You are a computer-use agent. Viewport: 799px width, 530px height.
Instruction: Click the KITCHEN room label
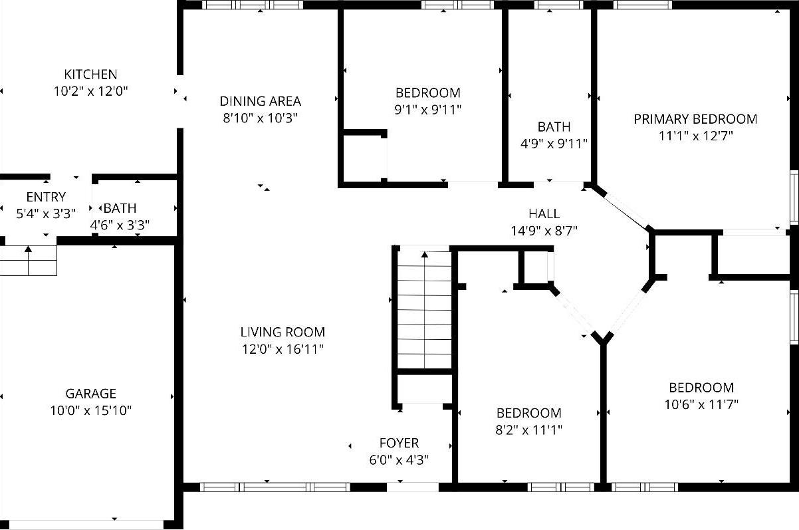coord(90,74)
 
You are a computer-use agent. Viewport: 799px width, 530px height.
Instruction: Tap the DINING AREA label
coord(260,101)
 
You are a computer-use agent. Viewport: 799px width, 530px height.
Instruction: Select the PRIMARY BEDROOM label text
coord(695,119)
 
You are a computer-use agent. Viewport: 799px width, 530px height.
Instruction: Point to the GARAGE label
coord(90,394)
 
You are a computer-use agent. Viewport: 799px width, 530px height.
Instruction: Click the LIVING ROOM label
coord(283,332)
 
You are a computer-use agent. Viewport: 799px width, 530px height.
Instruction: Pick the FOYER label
coord(399,443)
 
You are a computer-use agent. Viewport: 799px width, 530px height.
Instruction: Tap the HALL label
coord(544,213)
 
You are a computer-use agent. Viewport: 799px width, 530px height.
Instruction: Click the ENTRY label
coord(46,197)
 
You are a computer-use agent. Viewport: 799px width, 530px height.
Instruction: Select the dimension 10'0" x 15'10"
coord(90,411)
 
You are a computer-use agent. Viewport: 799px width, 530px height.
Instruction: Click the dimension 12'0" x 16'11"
coord(283,349)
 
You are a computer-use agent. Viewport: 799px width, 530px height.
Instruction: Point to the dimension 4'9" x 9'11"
coord(554,144)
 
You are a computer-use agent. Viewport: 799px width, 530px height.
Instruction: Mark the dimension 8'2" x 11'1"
coord(529,430)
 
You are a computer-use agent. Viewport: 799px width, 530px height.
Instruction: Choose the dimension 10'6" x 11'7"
coord(701,404)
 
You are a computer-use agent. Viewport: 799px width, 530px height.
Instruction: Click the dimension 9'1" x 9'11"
coord(427,110)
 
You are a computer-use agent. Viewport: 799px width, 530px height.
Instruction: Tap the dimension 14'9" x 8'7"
coord(544,231)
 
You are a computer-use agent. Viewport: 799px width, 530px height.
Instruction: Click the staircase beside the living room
coord(424,309)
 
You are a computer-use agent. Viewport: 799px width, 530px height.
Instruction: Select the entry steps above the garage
coord(29,260)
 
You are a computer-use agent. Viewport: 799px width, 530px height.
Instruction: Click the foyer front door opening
coord(412,487)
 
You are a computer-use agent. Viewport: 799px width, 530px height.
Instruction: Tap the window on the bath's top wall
coord(554,5)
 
